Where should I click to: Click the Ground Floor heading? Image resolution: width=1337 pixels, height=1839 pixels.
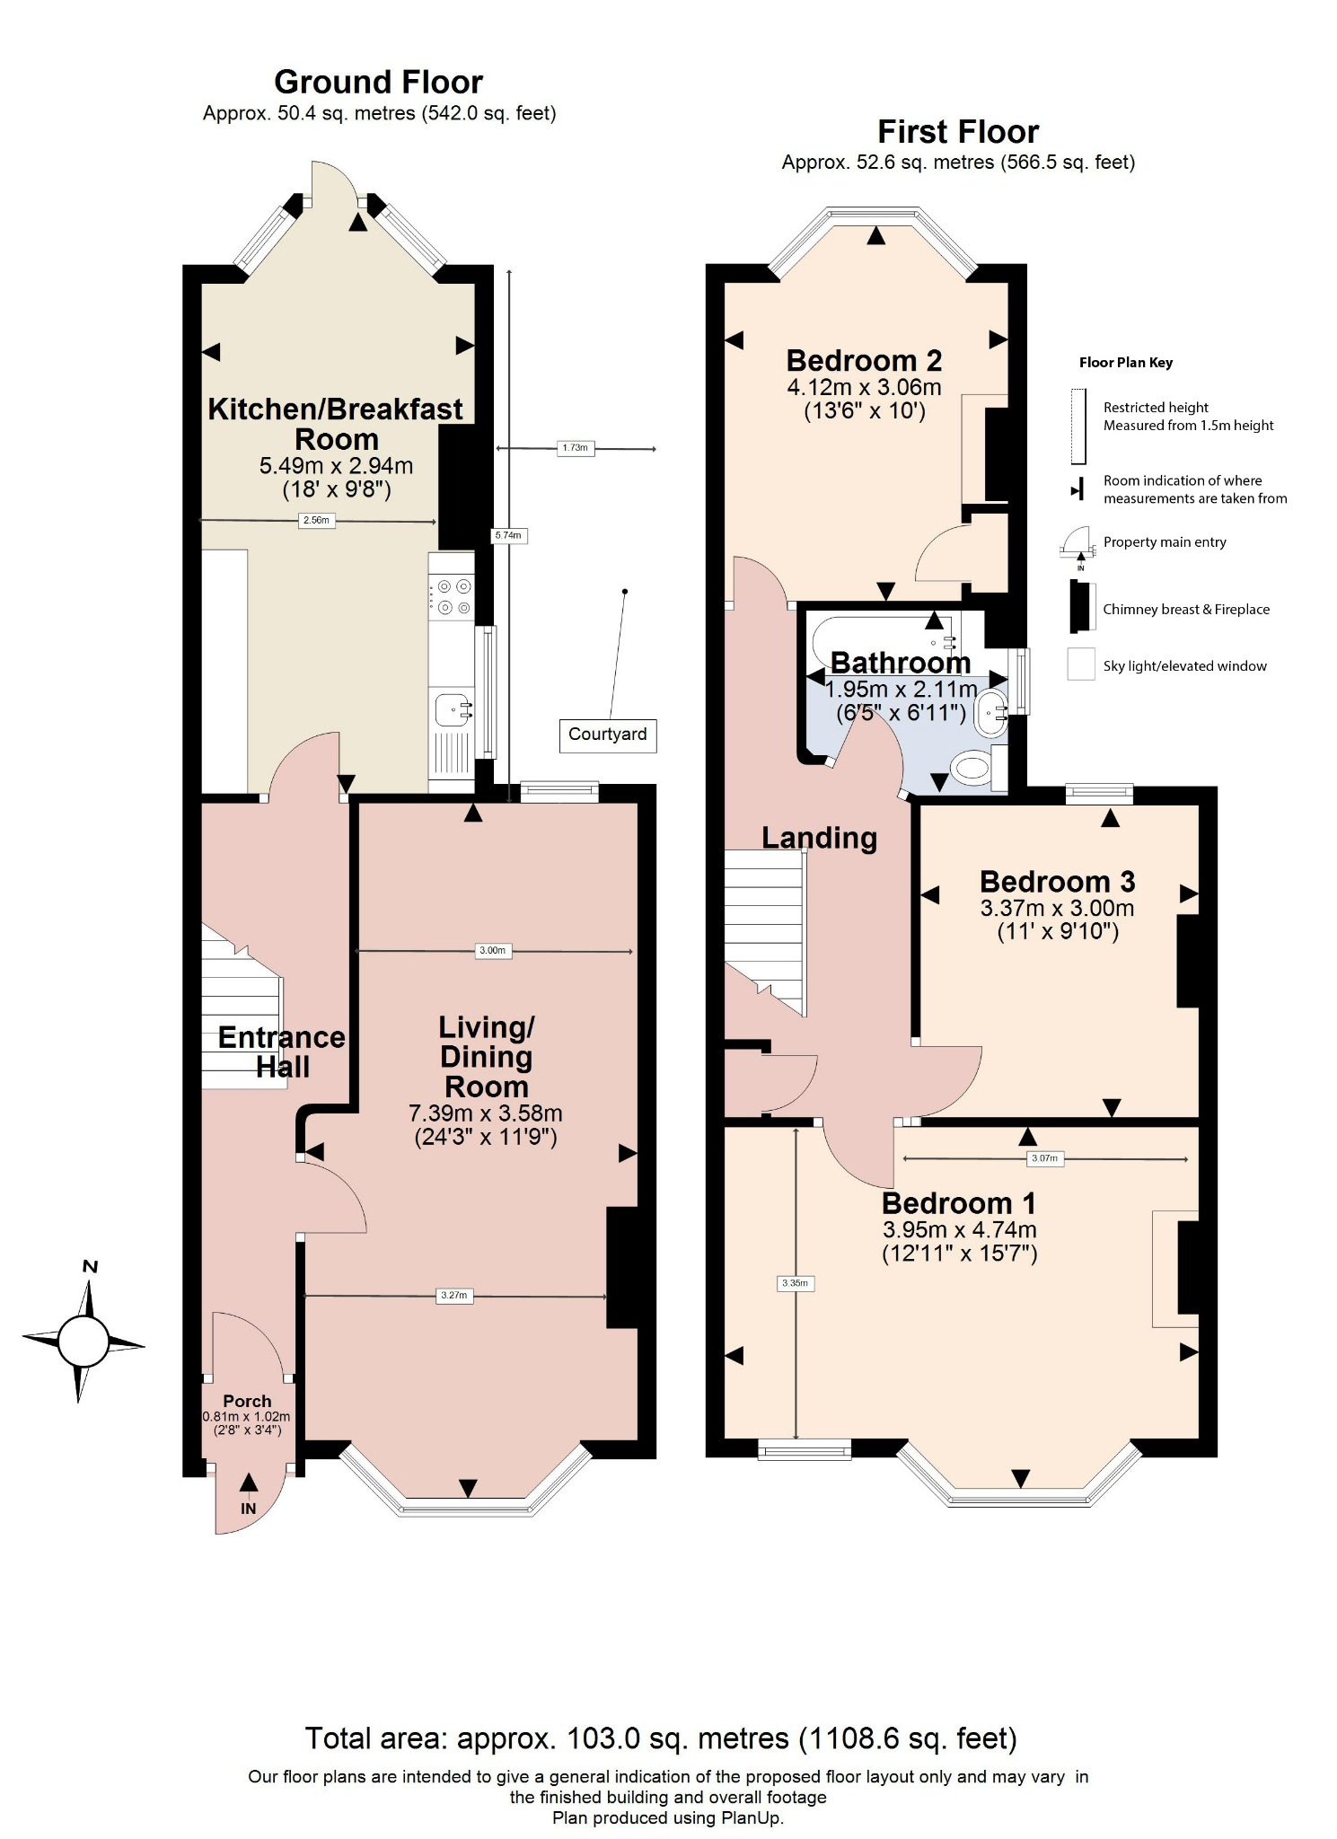pos(378,83)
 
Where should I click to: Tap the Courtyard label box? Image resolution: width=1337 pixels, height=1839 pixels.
pos(607,735)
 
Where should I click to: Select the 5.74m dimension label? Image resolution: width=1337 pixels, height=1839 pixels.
pos(507,535)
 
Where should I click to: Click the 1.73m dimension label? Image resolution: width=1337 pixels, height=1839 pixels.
pos(575,447)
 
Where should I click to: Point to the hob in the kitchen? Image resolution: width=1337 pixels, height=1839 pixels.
pos(452,597)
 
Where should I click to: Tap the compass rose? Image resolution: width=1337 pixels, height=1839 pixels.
pos(84,1342)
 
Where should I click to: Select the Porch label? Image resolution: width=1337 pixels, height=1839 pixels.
pos(247,1401)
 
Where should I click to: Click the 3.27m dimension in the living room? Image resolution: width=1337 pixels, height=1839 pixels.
pos(454,1295)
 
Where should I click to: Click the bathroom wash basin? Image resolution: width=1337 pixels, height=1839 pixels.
pos(991,714)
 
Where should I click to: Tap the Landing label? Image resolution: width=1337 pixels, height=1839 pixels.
pos(819,838)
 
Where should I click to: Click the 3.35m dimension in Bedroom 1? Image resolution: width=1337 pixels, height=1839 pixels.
pos(795,1283)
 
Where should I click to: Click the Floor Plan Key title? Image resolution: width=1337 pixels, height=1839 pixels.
pos(1125,363)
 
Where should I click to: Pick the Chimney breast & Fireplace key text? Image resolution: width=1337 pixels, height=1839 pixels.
pos(1185,609)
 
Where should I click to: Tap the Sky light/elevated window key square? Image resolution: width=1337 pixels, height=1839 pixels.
pos(1080,665)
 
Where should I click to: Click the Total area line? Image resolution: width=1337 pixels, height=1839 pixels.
pos(661,1738)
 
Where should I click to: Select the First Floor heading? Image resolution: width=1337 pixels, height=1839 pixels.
pos(957,132)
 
